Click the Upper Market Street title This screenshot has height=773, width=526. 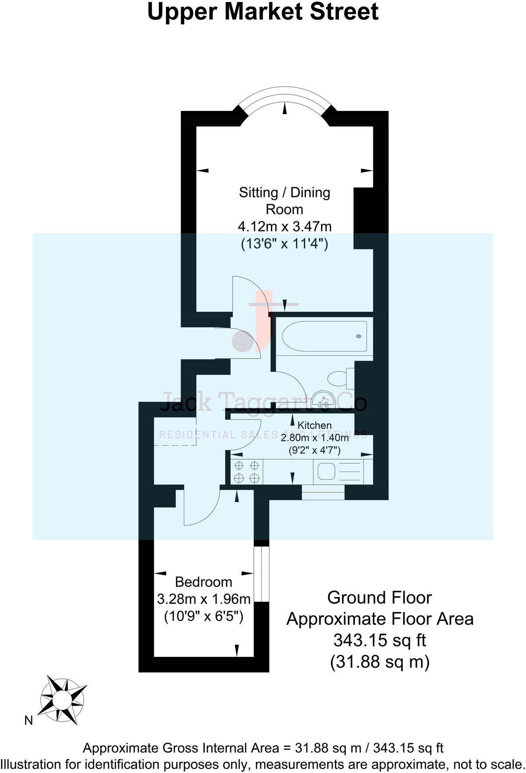click(263, 12)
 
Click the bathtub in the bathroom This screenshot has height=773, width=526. click(324, 336)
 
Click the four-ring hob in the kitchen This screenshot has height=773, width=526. click(247, 472)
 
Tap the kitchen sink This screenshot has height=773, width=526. click(326, 472)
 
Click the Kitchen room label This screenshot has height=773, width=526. click(314, 425)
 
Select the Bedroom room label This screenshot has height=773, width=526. click(203, 582)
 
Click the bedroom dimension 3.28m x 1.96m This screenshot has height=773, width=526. click(204, 599)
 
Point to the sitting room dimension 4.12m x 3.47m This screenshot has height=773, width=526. click(284, 227)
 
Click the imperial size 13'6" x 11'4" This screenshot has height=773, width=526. click(284, 243)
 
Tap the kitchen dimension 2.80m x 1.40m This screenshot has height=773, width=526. click(314, 438)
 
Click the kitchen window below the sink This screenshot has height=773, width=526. click(323, 492)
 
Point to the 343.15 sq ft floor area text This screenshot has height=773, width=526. click(380, 640)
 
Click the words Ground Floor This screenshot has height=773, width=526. click(380, 598)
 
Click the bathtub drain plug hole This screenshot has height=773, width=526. click(358, 336)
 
